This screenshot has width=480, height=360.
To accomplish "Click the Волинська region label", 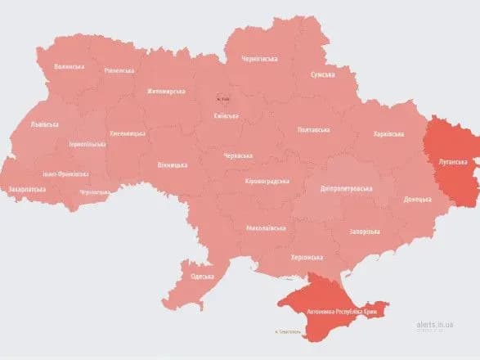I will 69,67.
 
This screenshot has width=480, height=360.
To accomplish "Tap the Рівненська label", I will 119,70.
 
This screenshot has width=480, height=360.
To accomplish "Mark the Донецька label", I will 419,199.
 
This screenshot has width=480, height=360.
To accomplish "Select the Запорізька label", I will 360,232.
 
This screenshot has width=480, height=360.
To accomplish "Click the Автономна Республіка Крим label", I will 337,312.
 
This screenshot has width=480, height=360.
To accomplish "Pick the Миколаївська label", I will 265,227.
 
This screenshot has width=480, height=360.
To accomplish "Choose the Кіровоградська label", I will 267,181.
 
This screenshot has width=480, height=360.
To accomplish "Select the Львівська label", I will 44,124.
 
